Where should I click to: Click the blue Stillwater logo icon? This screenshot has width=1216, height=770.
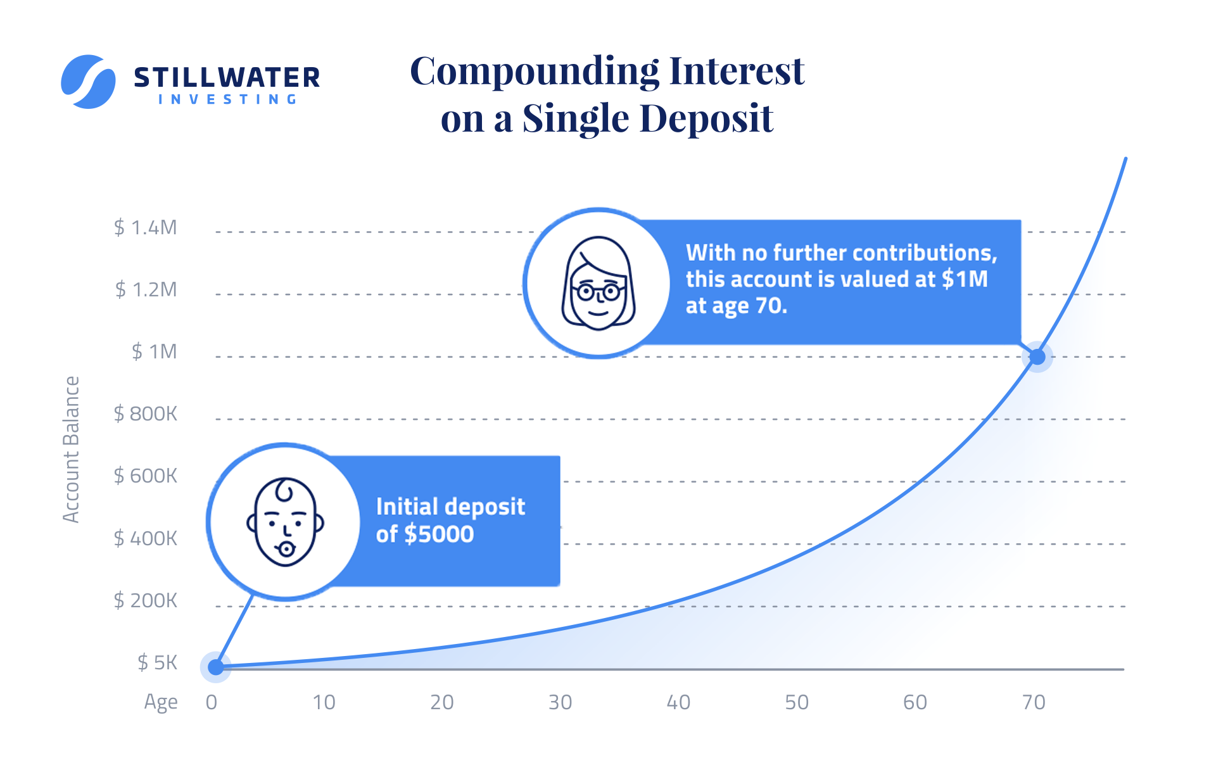(88, 82)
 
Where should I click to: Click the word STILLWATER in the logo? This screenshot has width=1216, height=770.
(227, 78)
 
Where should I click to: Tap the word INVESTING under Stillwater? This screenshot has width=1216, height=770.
(227, 99)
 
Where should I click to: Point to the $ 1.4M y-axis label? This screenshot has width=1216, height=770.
(145, 227)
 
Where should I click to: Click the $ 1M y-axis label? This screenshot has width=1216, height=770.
(154, 351)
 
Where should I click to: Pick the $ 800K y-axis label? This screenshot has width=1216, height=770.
(145, 413)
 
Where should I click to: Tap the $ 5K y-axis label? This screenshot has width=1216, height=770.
(157, 662)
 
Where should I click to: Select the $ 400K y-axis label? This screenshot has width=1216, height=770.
(145, 538)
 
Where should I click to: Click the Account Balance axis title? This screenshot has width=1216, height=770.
(72, 450)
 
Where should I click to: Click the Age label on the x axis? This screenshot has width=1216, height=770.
(161, 703)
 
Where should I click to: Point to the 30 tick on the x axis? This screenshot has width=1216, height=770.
(560, 702)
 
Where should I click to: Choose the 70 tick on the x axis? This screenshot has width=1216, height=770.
(1034, 702)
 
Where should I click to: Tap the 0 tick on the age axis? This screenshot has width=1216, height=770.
(212, 702)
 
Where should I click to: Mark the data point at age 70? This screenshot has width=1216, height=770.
(1037, 357)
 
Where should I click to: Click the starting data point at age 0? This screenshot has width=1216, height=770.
(216, 667)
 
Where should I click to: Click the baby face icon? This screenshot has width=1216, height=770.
(285, 522)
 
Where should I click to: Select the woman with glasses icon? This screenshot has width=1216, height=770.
(598, 284)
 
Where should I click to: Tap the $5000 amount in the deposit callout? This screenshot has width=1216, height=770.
(440, 534)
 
